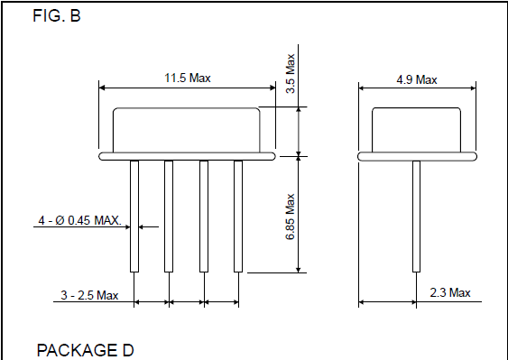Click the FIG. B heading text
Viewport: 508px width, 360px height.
click(57, 15)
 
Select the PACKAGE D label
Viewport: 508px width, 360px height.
click(85, 349)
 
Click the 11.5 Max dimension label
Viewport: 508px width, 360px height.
click(187, 78)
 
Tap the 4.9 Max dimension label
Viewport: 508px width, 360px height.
click(416, 79)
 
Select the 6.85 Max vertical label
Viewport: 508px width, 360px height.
click(291, 217)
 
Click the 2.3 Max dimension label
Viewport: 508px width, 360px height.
click(448, 293)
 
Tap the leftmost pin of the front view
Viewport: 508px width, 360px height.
click(134, 217)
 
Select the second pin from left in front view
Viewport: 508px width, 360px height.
click(169, 217)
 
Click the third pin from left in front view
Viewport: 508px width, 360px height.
click(203, 217)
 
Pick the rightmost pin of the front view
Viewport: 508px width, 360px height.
click(238, 217)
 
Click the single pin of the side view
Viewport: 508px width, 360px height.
click(416, 217)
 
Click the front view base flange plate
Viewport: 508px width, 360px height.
click(187, 156)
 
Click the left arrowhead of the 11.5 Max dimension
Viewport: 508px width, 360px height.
click(102, 88)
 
